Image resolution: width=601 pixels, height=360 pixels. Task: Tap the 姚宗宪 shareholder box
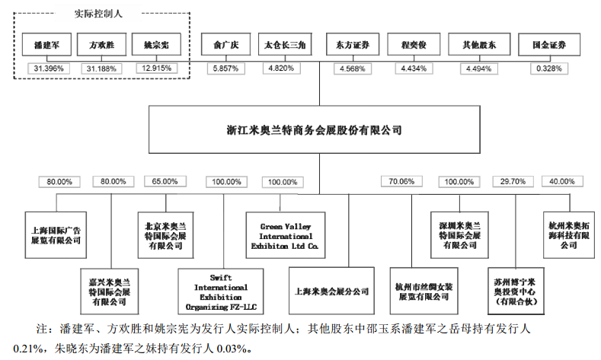[x=155, y=46]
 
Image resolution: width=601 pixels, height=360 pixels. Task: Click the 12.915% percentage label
[x=155, y=68]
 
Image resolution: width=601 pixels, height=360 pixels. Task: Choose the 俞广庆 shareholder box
[x=224, y=46]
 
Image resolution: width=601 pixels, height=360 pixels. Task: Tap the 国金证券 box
[x=548, y=46]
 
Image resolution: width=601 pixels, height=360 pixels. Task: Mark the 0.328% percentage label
[x=548, y=68]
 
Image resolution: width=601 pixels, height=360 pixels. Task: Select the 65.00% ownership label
[x=164, y=182]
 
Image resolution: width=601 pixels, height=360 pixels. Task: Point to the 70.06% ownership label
[x=401, y=182]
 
